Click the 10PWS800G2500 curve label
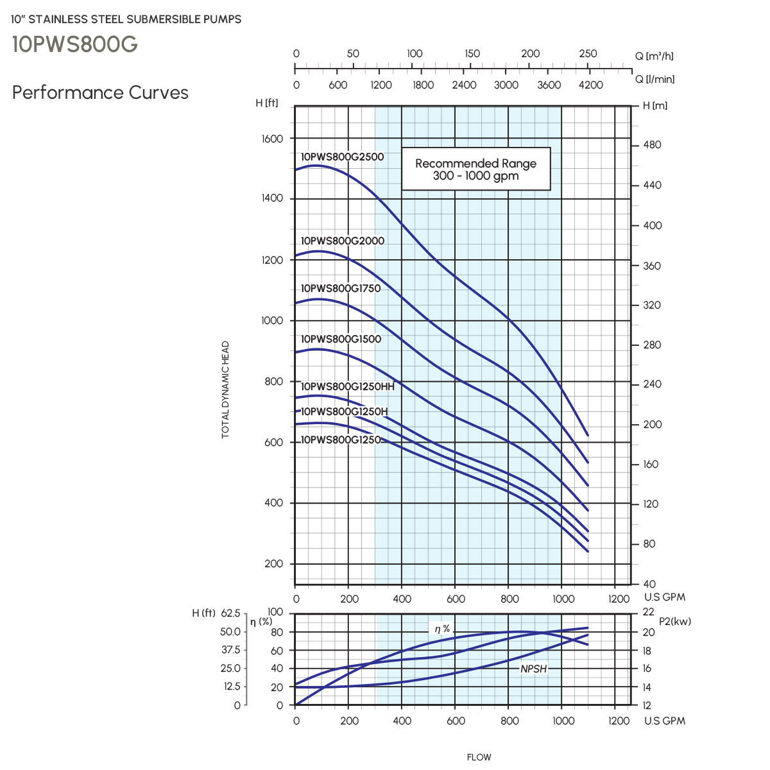click(x=343, y=157)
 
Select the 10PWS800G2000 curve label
click(x=343, y=241)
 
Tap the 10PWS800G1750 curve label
click(x=341, y=289)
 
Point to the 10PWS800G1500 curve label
click(x=341, y=339)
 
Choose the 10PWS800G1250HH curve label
click(x=348, y=387)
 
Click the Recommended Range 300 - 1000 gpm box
click(x=475, y=169)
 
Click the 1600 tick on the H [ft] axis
click(x=272, y=139)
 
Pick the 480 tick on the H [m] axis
click(x=652, y=145)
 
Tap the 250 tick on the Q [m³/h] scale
click(x=588, y=54)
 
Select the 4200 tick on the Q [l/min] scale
click(x=590, y=85)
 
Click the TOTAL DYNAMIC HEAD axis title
click(x=225, y=389)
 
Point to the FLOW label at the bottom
click(x=479, y=757)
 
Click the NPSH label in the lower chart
click(x=533, y=669)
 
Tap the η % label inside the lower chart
click(x=442, y=629)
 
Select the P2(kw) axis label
click(x=675, y=622)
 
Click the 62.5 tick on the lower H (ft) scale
click(x=230, y=613)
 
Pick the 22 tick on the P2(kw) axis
click(x=648, y=613)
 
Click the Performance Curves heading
click(x=100, y=92)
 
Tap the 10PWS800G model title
click(x=74, y=44)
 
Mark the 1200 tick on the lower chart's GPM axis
click(x=619, y=721)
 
